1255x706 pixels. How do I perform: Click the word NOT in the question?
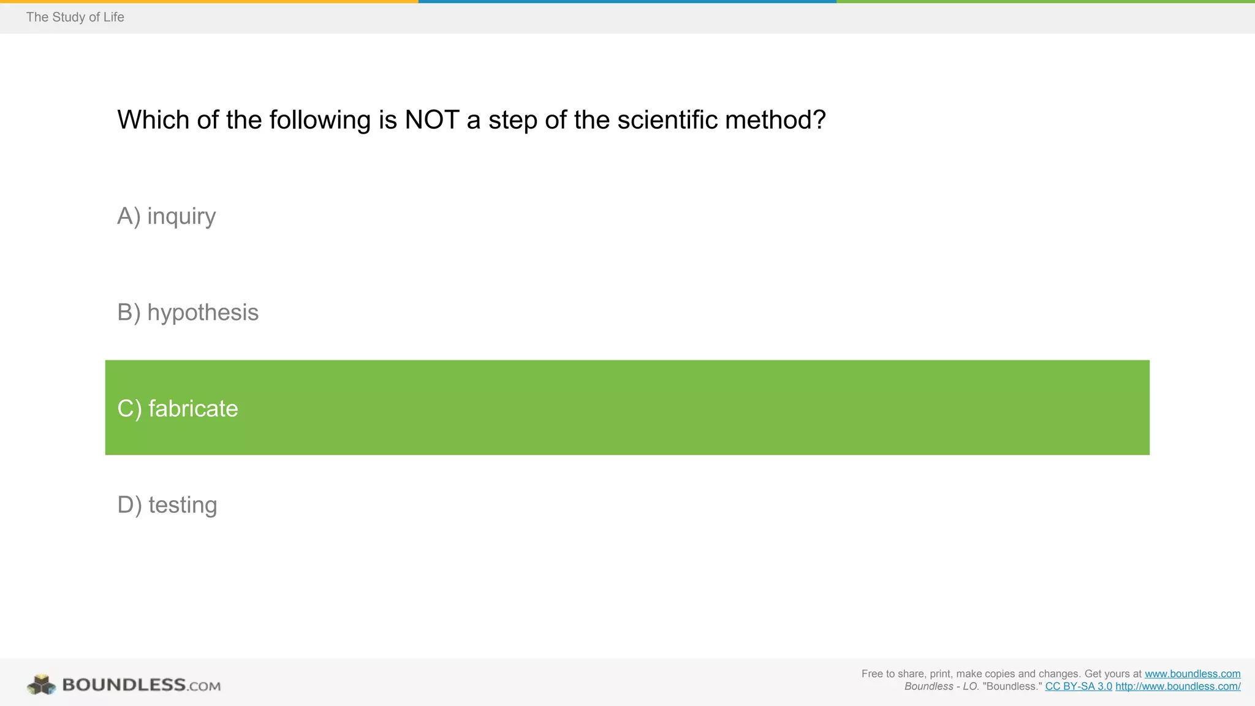pos(431,120)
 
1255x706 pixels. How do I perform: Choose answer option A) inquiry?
pos(167,216)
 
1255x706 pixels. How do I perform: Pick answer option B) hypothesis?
pos(188,313)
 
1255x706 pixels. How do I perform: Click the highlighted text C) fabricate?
pos(178,409)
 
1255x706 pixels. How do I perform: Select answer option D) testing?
pos(167,505)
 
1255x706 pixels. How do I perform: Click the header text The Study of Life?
pos(75,17)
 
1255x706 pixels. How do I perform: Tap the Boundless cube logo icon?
pos(41,685)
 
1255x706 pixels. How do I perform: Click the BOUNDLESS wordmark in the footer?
pos(124,685)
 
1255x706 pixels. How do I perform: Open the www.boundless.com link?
pos(1192,674)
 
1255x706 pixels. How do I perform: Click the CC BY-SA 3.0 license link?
pos(1078,686)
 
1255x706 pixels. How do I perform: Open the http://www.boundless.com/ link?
pos(1177,686)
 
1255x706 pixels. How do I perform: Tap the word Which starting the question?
pos(153,120)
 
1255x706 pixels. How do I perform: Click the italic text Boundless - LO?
pos(941,686)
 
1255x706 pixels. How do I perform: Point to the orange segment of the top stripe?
pos(208,1)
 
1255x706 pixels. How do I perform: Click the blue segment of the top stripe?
pos(627,1)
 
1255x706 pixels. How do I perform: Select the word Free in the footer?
pos(872,674)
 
